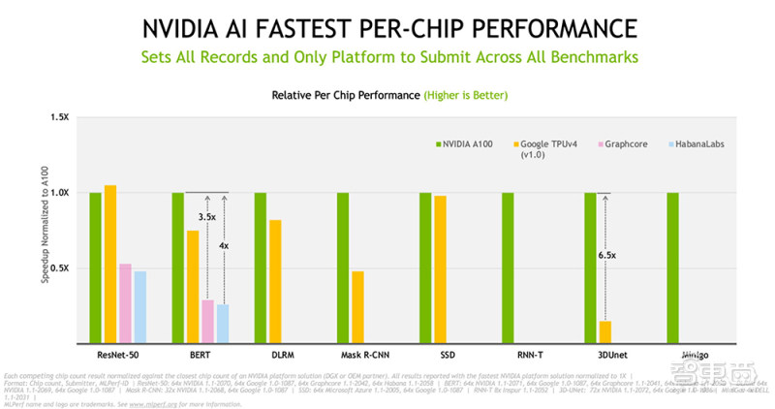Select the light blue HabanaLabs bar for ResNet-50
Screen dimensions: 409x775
[x=139, y=307]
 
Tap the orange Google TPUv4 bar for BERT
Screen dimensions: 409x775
[x=193, y=287]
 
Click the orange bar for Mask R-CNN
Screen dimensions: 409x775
[x=357, y=307]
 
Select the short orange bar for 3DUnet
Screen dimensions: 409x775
[x=604, y=331]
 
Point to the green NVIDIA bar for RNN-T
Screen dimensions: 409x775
[x=508, y=267]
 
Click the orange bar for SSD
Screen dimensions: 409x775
[x=440, y=269]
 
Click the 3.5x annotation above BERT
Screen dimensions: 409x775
[x=207, y=218]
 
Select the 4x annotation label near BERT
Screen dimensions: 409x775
[x=224, y=246]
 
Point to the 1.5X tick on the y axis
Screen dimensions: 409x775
[x=59, y=117]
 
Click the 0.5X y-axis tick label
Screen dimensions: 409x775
[x=59, y=268]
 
